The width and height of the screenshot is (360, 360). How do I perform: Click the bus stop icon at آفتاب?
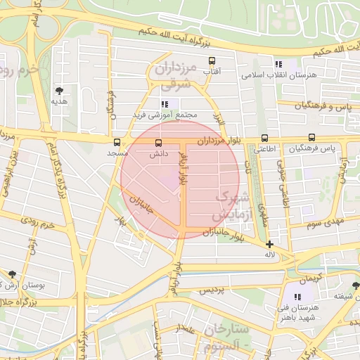point(213,61)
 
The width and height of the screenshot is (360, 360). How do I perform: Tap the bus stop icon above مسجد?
point(117,141)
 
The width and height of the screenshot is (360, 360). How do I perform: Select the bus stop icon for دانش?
point(158,143)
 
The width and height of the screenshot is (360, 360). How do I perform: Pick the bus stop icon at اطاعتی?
point(264,138)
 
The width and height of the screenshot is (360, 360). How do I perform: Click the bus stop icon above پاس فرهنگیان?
point(311,138)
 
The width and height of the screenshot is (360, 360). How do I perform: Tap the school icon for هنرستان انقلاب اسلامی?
point(278,64)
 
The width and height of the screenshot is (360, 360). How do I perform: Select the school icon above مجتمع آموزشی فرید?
point(165,104)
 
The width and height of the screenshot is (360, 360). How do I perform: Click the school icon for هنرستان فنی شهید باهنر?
point(298,297)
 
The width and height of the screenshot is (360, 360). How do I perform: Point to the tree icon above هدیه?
point(59,91)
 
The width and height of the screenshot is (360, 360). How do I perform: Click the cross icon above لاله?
point(269,243)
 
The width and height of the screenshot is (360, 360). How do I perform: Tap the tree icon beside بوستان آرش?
point(11,274)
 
